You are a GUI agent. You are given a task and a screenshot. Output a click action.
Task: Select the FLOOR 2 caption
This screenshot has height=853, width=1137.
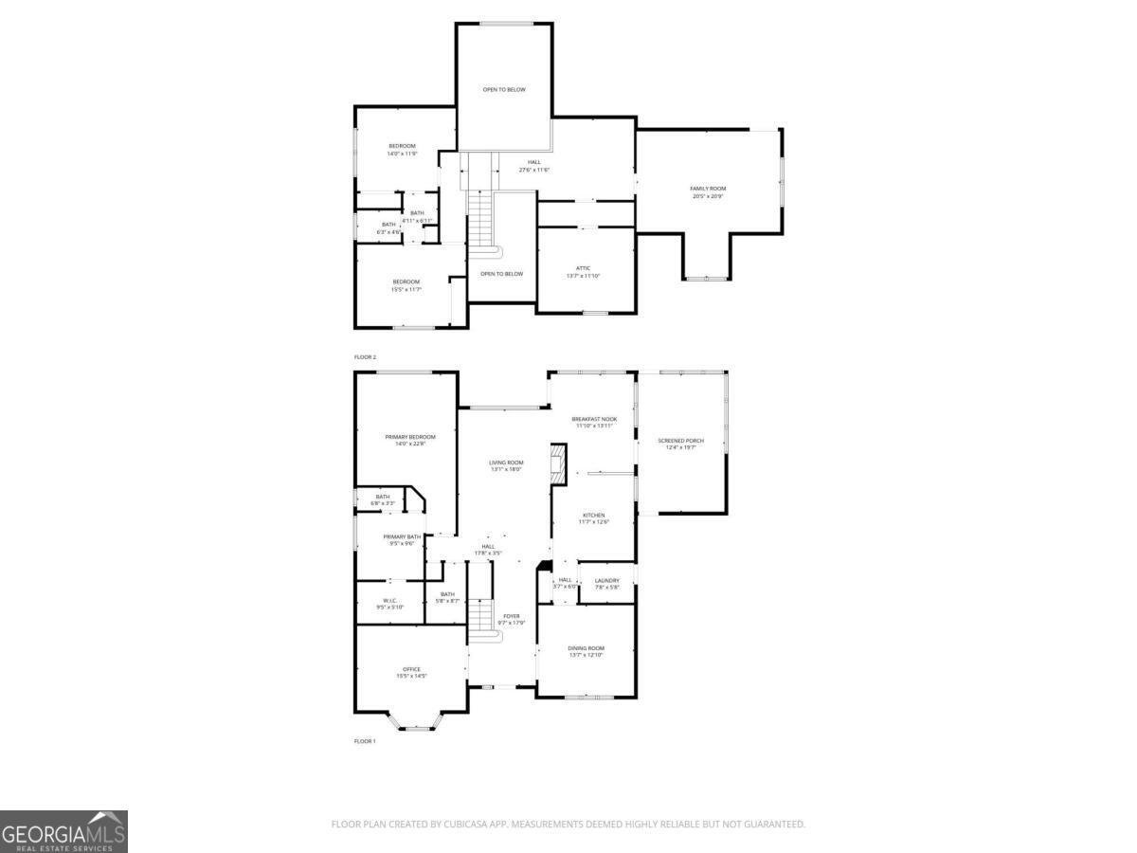click(365, 357)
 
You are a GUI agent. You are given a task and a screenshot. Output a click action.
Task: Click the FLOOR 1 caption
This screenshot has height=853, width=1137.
click(365, 741)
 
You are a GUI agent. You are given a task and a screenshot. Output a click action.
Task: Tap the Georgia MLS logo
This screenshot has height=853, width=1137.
click(63, 831)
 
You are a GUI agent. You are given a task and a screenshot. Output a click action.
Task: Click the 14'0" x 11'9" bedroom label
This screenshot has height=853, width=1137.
click(402, 149)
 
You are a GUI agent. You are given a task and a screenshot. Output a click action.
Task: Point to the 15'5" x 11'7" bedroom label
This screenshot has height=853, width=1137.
click(406, 284)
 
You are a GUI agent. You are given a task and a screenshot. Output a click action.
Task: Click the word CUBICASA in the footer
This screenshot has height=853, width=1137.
click(467, 825)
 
